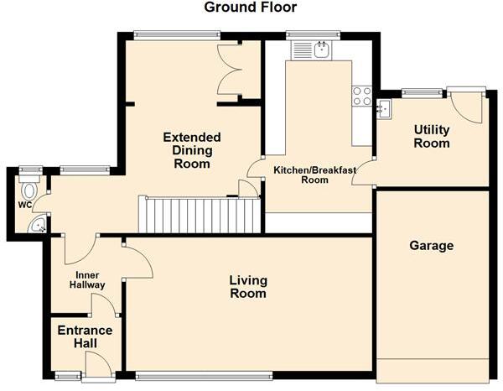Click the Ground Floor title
pyautogui.click(x=251, y=8)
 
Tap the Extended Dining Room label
pyautogui.click(x=192, y=150)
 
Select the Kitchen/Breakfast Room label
pyautogui.click(x=314, y=175)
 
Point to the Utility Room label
pyautogui.click(x=431, y=136)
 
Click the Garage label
pyautogui.click(x=431, y=246)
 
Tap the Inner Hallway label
pyautogui.click(x=86, y=279)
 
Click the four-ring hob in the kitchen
pyautogui.click(x=362, y=96)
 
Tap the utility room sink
pyautogui.click(x=384, y=107)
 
